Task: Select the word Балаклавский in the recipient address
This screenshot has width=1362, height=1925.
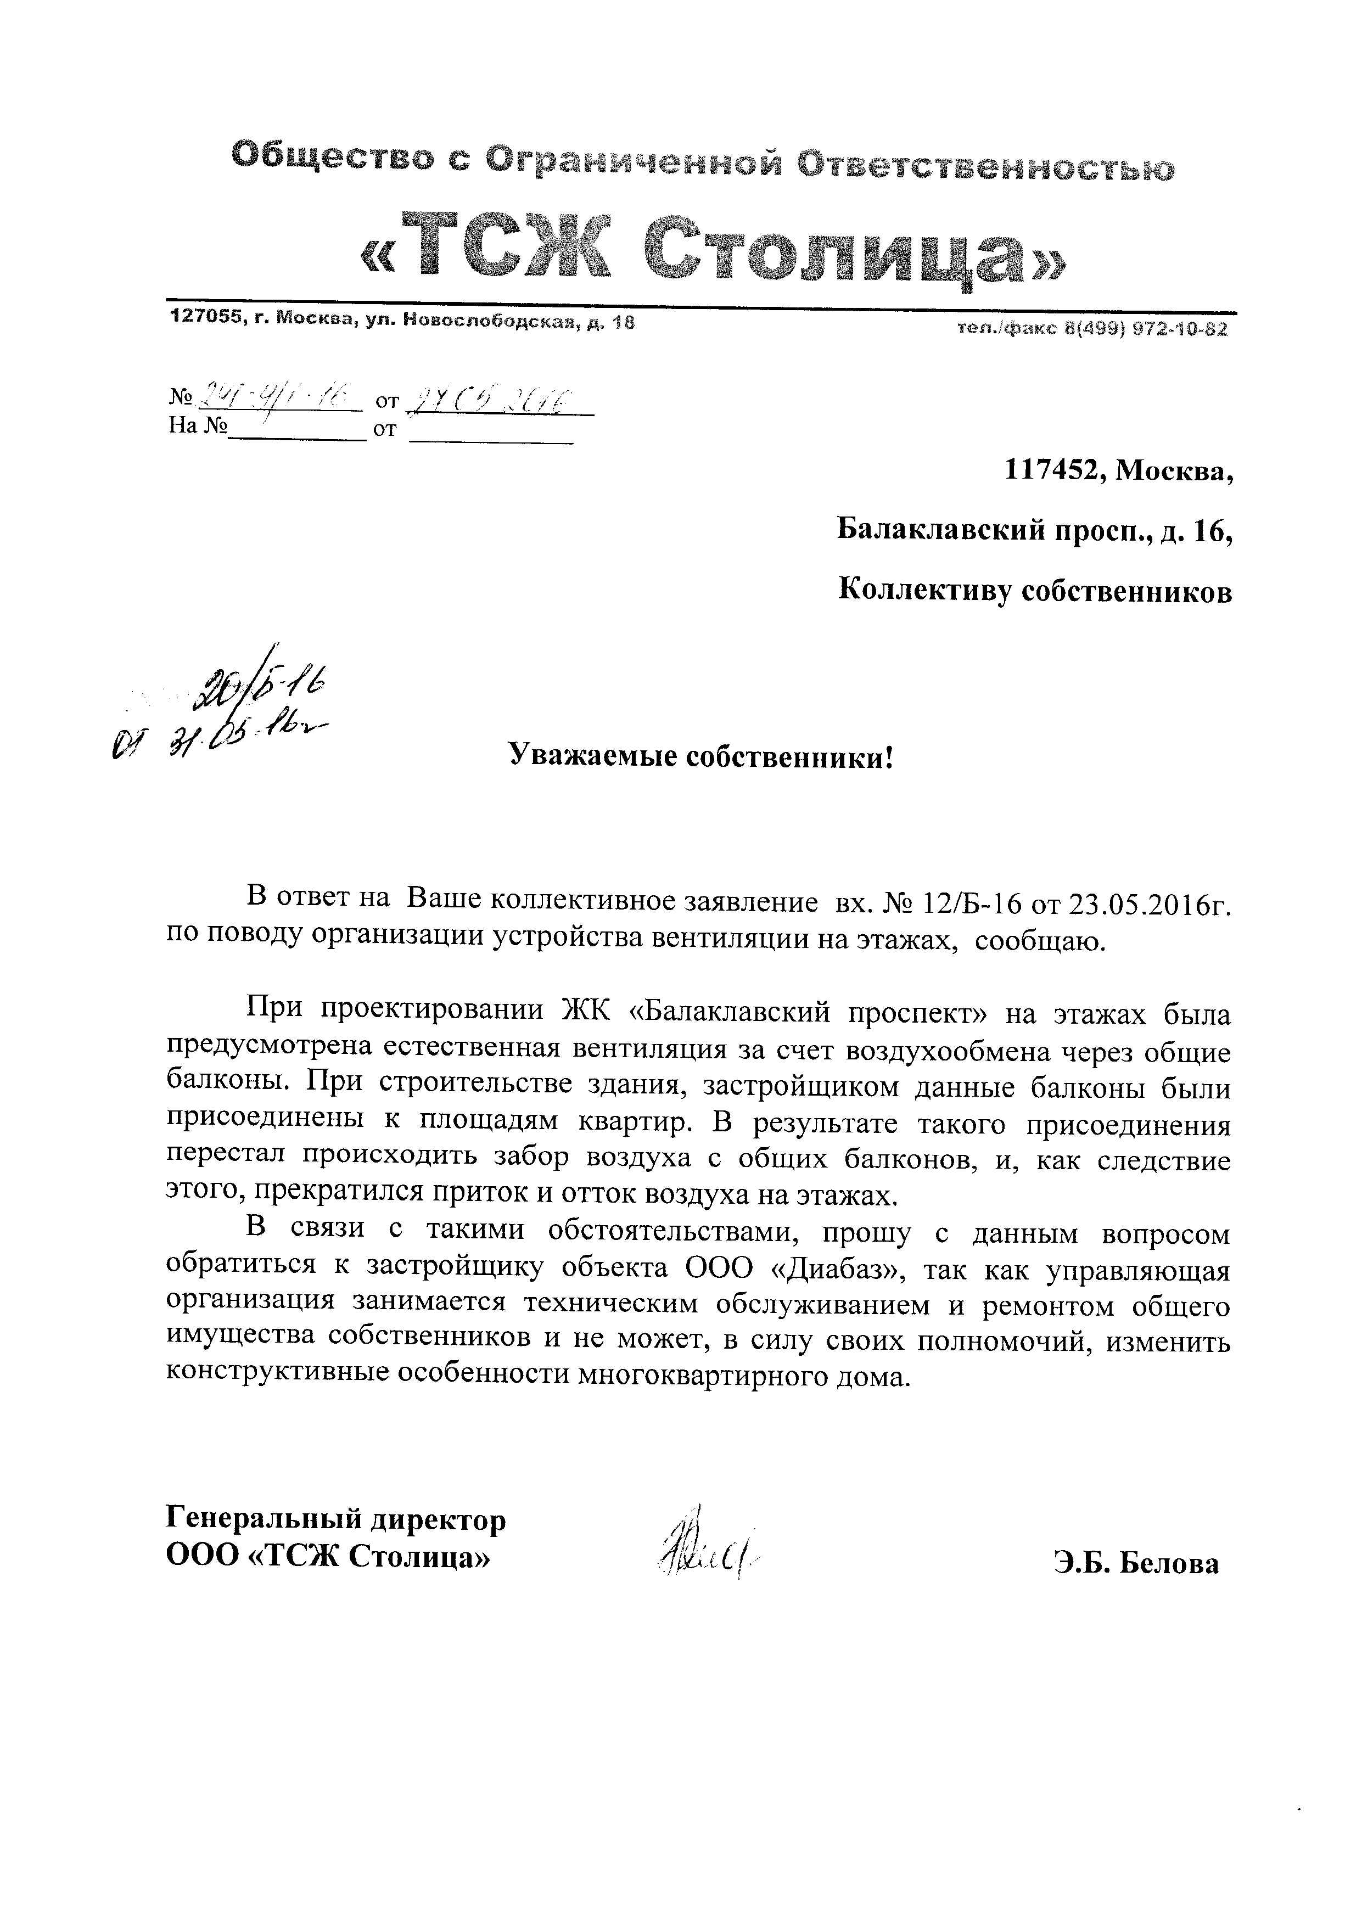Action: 939,531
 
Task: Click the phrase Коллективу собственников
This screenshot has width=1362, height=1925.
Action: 1036,591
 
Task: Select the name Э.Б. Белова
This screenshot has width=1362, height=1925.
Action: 1136,1563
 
